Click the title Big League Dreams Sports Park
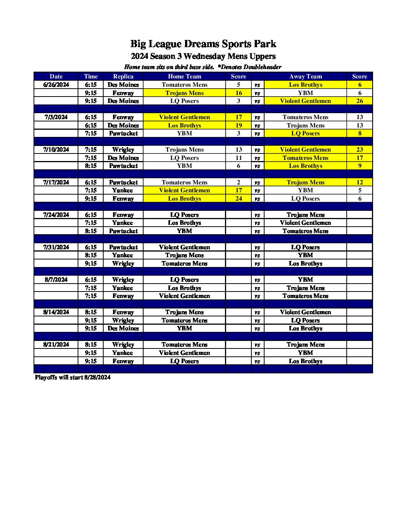tap(203, 44)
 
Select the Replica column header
tap(123, 77)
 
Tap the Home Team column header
tap(184, 77)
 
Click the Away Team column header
tap(305, 77)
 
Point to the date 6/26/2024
tap(56, 85)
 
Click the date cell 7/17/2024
tap(56, 183)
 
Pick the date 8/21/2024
tap(56, 345)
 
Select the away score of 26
tap(360, 101)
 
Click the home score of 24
tap(239, 199)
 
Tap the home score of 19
tap(239, 126)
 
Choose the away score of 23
tap(360, 150)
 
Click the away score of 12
tap(360, 183)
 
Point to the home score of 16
tap(239, 93)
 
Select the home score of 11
tap(239, 158)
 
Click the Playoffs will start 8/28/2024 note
tap(73, 378)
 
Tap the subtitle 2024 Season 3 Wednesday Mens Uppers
tap(203, 57)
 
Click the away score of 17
tap(360, 158)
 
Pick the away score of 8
tap(360, 134)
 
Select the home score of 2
tap(239, 183)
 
